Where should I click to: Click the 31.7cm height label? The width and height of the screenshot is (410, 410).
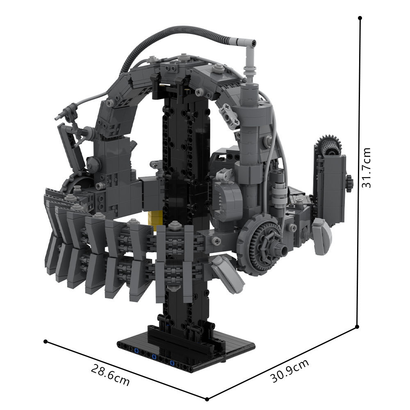[x=366, y=167]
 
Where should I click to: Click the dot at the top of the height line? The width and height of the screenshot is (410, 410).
[x=360, y=18]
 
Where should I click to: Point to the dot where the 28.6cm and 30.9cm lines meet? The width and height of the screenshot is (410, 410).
[x=207, y=398]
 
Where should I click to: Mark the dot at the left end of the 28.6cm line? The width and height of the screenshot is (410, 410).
[x=46, y=341]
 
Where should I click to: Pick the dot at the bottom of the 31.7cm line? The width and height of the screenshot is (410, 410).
[x=358, y=327]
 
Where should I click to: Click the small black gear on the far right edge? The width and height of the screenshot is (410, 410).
[x=349, y=183]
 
